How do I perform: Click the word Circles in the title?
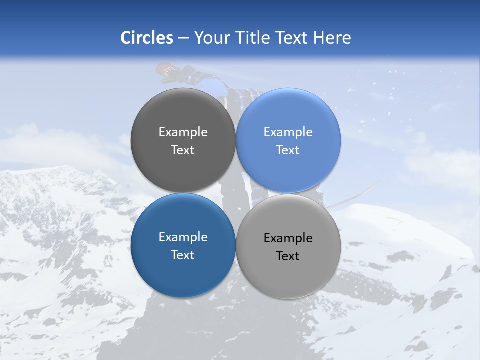pyautogui.click(x=146, y=38)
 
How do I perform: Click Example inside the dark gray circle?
pyautogui.click(x=183, y=132)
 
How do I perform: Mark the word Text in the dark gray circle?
pyautogui.click(x=183, y=150)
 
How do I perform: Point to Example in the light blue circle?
pyautogui.click(x=288, y=132)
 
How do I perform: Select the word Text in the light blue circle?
pyautogui.click(x=288, y=150)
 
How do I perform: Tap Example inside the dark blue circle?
pyautogui.click(x=183, y=237)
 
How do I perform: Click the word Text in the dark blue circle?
pyautogui.click(x=183, y=255)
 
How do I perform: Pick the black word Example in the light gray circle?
pyautogui.click(x=288, y=238)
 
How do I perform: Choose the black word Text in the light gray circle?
pyautogui.click(x=288, y=256)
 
